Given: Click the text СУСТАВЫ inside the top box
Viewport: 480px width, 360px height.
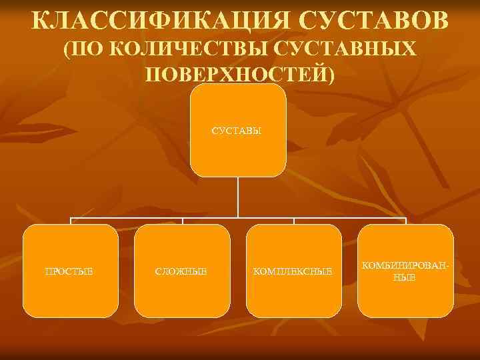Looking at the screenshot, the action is (238, 130).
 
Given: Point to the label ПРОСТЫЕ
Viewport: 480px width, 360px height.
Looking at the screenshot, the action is (69, 271).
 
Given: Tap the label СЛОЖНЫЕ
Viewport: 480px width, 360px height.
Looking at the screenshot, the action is (181, 271).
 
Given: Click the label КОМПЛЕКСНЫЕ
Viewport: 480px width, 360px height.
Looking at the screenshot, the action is (294, 271).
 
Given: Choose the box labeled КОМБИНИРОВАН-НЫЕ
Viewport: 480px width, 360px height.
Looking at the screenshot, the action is (405, 293).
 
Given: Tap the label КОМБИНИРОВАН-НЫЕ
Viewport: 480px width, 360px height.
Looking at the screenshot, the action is (405, 271).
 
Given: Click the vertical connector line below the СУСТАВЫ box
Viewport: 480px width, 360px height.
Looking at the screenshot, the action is (238, 197).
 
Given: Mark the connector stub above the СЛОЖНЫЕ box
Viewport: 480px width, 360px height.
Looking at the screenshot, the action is (182, 221).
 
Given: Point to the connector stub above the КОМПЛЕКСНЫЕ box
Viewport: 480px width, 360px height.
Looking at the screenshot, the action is (294, 221).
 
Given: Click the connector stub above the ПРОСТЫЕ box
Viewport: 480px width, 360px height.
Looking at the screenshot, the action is (70, 221).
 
